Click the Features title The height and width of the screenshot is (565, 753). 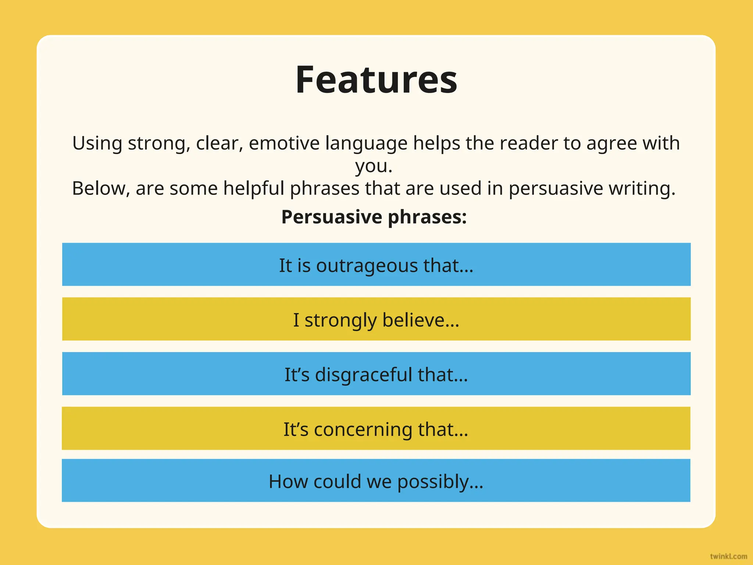click(x=376, y=80)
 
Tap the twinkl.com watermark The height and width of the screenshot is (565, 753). click(x=728, y=556)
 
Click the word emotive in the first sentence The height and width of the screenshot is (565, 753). click(x=284, y=143)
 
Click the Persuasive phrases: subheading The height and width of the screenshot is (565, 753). click(x=374, y=217)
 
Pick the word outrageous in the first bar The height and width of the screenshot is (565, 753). click(x=367, y=266)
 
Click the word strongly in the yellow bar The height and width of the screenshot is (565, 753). click(x=340, y=320)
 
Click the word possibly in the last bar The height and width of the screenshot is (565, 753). click(x=440, y=482)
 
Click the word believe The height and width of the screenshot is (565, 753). click(x=421, y=320)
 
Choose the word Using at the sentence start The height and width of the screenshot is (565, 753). click(x=97, y=143)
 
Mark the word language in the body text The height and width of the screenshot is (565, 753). click(x=366, y=143)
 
